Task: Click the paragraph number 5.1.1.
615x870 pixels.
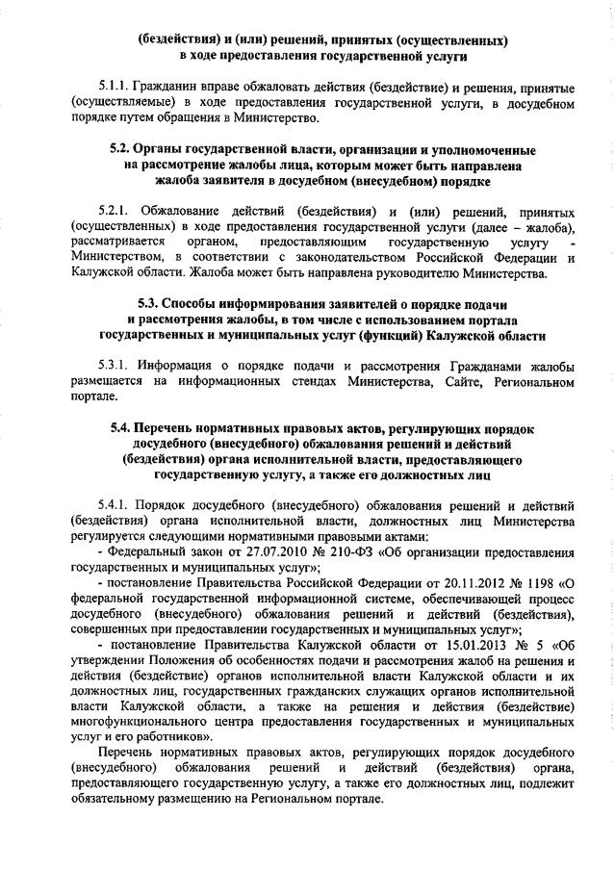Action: [x=117, y=87]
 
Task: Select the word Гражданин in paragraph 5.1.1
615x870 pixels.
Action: [x=174, y=87]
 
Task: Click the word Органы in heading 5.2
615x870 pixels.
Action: [x=164, y=149]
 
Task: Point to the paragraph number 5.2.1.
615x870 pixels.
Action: [x=117, y=210]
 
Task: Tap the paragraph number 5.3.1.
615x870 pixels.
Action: [x=117, y=366]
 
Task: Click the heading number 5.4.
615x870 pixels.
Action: [x=122, y=428]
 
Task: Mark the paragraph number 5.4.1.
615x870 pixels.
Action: [x=117, y=504]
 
